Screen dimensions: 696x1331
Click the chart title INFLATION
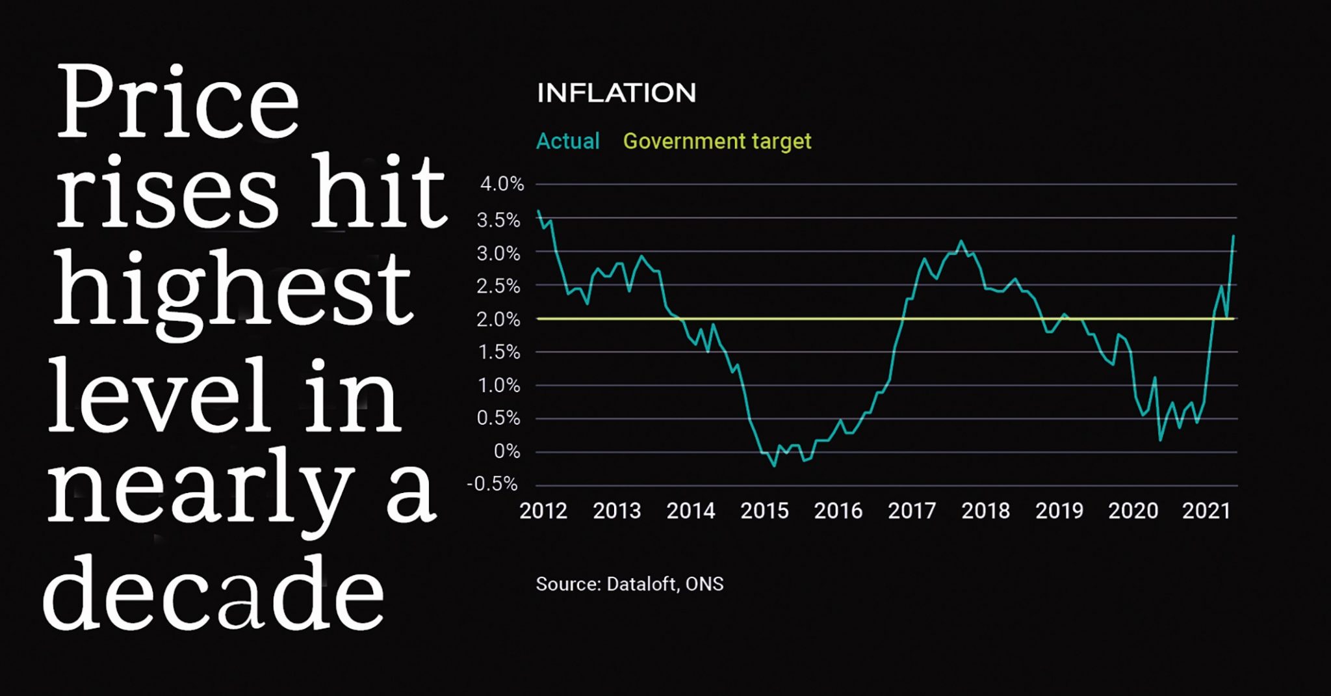(616, 93)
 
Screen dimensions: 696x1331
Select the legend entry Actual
(567, 141)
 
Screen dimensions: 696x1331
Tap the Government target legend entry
(717, 141)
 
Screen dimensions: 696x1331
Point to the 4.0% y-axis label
(501, 185)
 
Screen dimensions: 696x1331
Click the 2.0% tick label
(498, 319)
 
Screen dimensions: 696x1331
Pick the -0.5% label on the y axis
(493, 485)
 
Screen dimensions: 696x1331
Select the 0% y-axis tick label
(507, 451)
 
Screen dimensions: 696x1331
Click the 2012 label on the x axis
(543, 511)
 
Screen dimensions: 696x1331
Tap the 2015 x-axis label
(764, 511)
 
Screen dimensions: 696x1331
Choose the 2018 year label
(985, 511)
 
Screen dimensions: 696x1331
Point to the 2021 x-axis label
(1206, 511)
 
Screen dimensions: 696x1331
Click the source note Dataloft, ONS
(629, 584)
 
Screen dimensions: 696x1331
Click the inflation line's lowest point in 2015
(773, 466)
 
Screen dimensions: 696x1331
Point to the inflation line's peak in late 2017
(962, 241)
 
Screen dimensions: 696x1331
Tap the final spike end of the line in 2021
(1234, 235)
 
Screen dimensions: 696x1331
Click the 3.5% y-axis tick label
(498, 221)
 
